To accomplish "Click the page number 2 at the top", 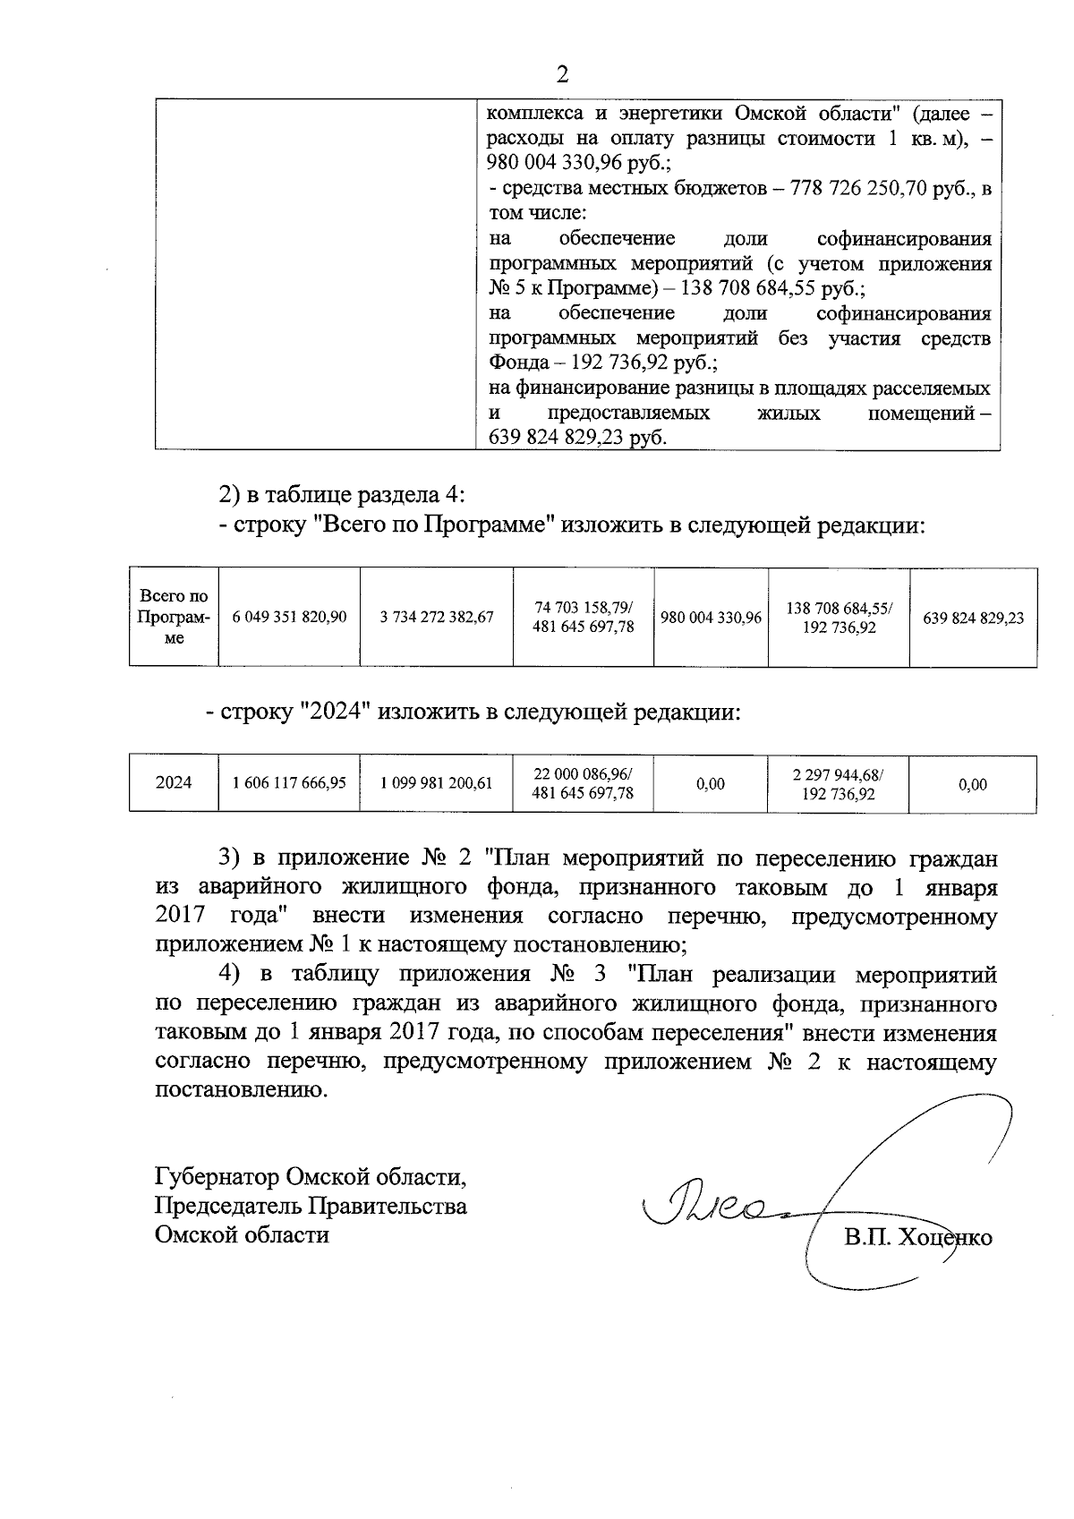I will click(x=562, y=74).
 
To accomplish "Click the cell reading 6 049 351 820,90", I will click(x=289, y=618).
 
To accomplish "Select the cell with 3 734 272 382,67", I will click(x=437, y=618).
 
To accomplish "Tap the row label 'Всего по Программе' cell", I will click(x=175, y=617).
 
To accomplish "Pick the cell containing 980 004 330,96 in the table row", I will click(x=712, y=618).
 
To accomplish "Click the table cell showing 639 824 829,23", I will click(x=973, y=618).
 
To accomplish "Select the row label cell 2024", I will click(x=174, y=783).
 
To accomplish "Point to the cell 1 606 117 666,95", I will click(x=289, y=783).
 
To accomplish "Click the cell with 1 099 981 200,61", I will click(x=437, y=783).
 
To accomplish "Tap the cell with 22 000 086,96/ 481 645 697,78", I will click(x=583, y=783).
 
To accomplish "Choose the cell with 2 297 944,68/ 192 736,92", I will click(x=839, y=783).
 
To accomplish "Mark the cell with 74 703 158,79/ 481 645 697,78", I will click(x=583, y=618).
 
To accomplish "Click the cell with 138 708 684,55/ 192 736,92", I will click(x=839, y=618).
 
